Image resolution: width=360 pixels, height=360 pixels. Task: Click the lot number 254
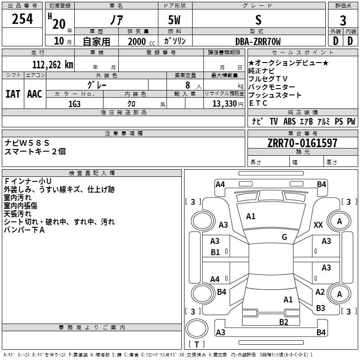(x=22, y=20)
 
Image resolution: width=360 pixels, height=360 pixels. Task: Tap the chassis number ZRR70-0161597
(x=302, y=143)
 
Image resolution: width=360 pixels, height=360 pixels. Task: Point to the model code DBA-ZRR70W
(x=258, y=41)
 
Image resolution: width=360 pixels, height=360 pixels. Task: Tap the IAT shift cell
(x=13, y=94)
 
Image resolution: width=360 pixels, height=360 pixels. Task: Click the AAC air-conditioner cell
(x=35, y=94)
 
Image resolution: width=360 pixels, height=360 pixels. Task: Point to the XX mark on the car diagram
(x=318, y=225)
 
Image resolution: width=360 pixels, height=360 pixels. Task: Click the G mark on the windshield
(x=284, y=237)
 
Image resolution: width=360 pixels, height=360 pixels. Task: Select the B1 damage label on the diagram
(x=216, y=252)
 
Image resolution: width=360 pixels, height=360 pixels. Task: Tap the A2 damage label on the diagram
(x=320, y=292)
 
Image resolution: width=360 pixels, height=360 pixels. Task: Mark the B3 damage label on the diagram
(x=320, y=308)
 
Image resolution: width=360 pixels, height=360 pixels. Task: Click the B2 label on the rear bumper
(x=283, y=322)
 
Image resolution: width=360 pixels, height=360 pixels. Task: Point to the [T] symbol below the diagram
(x=196, y=345)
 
